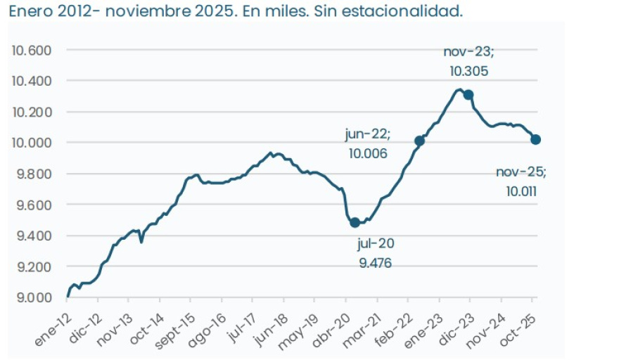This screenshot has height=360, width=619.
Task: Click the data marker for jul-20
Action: tap(355, 222)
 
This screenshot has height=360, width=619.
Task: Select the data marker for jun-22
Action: tap(420, 141)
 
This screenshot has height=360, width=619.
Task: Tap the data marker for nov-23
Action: tap(468, 95)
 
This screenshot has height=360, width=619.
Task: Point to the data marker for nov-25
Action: tap(535, 139)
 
